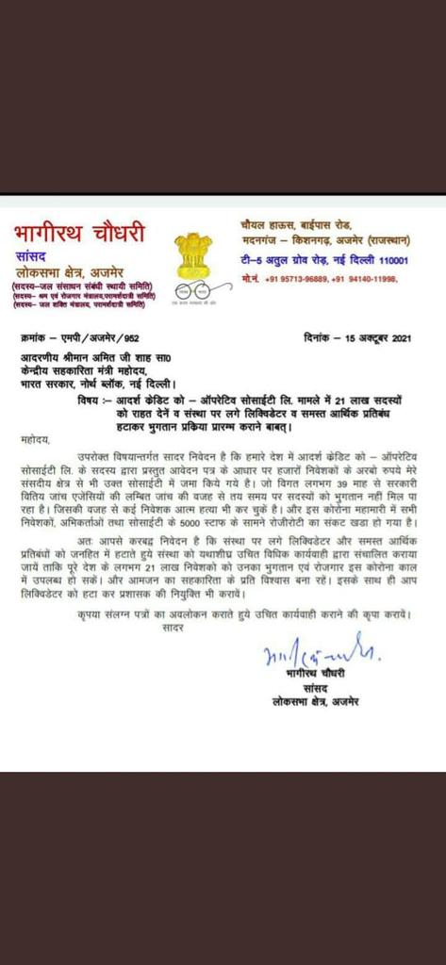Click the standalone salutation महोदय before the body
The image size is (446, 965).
(35, 439)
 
